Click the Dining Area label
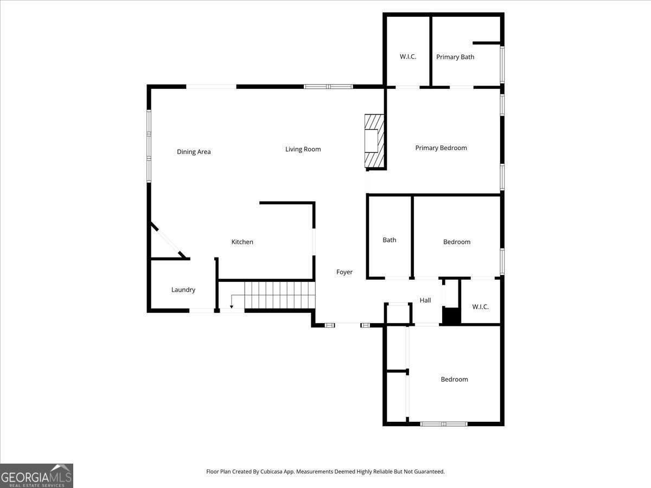[194, 152]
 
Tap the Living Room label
[303, 149]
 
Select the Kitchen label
[242, 242]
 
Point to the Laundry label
[183, 290]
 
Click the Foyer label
[344, 272]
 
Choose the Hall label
[425, 300]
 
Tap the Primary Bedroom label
[441, 148]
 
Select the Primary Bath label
[455, 57]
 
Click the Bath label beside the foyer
[389, 240]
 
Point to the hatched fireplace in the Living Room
[374, 141]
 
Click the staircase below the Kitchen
[279, 295]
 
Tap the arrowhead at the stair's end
[231, 307]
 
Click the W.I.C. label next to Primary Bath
[408, 56]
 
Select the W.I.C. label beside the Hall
[480, 307]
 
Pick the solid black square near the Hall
[451, 316]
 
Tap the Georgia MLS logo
[36, 476]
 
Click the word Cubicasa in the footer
[271, 471]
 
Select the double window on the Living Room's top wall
[328, 87]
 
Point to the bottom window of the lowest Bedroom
[444, 424]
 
